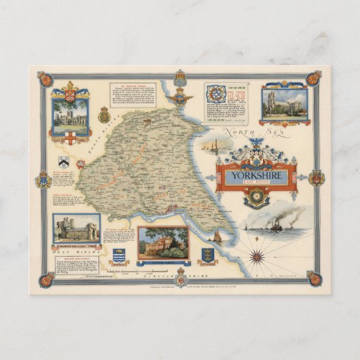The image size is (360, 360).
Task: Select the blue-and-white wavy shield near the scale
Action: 118,257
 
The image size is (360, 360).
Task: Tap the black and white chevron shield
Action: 63,161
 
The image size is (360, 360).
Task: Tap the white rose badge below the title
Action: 257,199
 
